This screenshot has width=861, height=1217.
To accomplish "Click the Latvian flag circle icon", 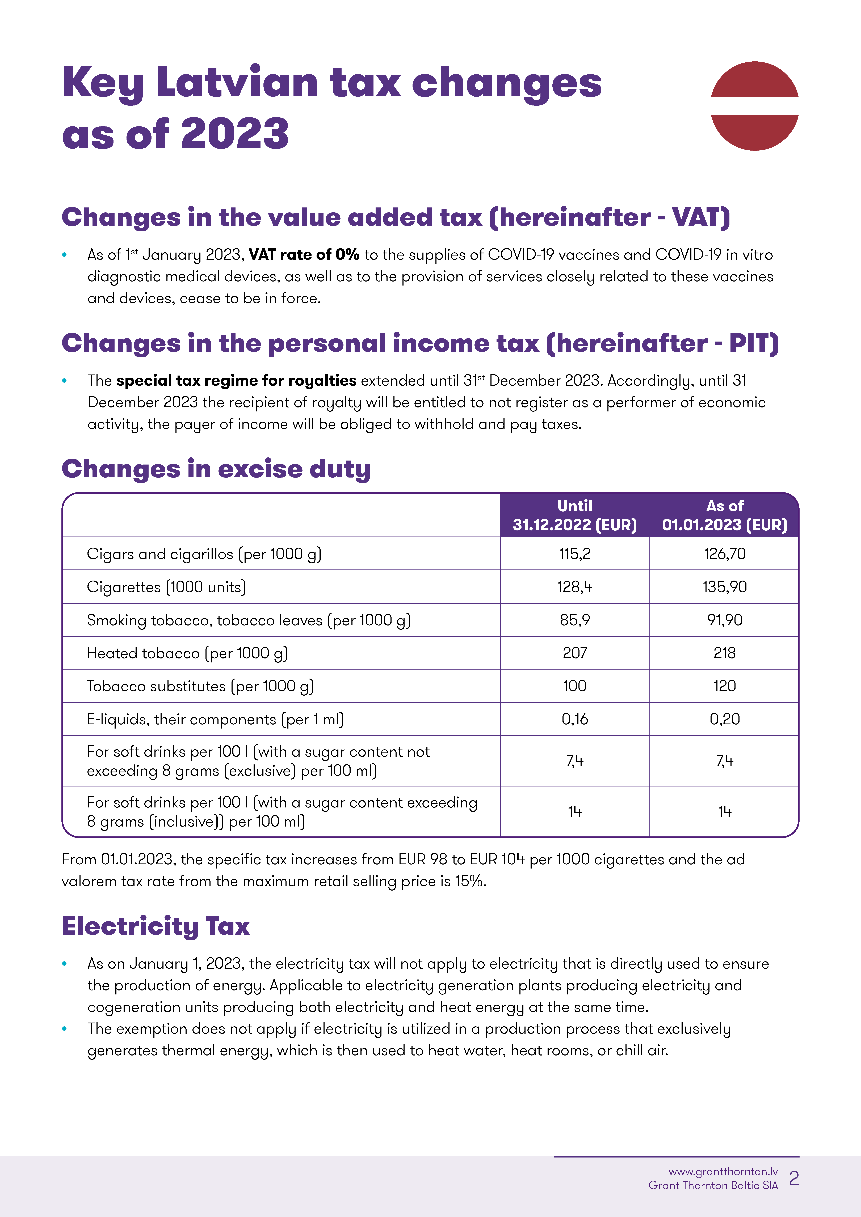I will (754, 106).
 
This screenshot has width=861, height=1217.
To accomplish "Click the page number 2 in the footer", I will (794, 1178).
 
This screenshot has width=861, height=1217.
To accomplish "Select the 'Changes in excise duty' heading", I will (216, 469).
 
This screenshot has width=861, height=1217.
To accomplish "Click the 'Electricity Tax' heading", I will (156, 926).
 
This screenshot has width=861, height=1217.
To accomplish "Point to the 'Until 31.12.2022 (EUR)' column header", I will (574, 515).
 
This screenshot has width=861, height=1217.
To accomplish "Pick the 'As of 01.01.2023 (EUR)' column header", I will (725, 515).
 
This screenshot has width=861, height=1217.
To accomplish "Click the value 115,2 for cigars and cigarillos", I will (574, 554).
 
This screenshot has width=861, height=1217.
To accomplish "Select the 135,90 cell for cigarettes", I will (725, 587).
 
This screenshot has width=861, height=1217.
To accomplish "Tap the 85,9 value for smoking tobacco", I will (574, 620).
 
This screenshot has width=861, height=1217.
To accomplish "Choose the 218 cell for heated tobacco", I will (725, 653).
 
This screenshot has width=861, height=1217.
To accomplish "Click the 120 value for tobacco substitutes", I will (725, 686).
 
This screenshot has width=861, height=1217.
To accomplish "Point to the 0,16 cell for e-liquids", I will (574, 719).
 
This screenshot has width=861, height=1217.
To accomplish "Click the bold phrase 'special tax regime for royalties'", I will (236, 381).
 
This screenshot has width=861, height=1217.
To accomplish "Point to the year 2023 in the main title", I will (235, 134).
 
